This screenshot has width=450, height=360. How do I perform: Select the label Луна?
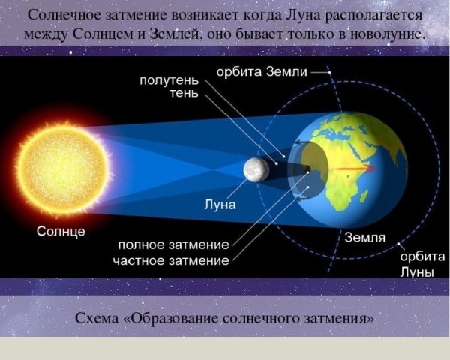coord(220,204)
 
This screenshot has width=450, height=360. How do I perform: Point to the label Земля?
coord(365,238)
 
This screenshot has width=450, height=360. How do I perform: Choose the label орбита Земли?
coord(262,71)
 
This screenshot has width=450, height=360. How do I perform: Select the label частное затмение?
coord(171,259)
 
